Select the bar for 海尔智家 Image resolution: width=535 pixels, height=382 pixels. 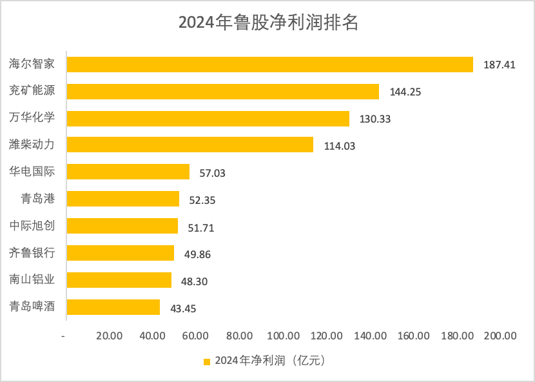[270, 65]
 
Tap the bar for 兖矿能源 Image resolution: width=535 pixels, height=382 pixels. [223, 92]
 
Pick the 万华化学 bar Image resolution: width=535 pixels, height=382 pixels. [208, 119]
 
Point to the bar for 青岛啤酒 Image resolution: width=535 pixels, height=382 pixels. [113, 307]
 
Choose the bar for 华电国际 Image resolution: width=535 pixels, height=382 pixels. [128, 172]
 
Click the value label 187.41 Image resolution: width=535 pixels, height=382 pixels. [500, 65]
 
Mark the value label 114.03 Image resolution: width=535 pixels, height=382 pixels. [339, 146]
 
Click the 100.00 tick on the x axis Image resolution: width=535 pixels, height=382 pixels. [283, 336]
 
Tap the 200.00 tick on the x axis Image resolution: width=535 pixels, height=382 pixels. [500, 336]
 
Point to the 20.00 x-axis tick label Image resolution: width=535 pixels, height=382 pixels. [109, 336]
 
